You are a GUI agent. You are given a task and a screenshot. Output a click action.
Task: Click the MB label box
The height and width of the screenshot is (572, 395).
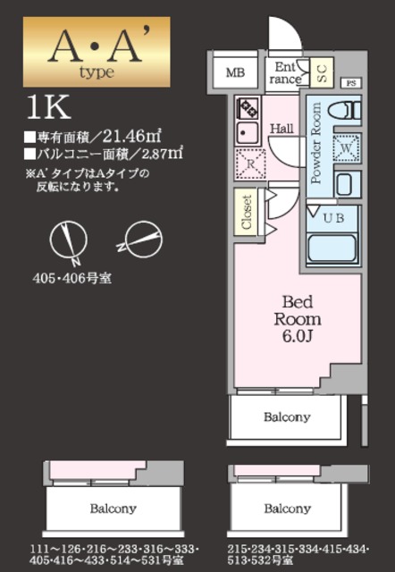(x=234, y=72)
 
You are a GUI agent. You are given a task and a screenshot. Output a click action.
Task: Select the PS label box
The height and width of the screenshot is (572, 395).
(x=350, y=81)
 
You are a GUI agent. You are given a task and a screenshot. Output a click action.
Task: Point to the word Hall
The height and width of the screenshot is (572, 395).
(x=282, y=128)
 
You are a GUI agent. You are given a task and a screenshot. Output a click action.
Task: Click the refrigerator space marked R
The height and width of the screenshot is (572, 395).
(x=248, y=164)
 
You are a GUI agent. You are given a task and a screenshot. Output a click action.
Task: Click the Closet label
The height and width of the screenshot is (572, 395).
(x=247, y=212)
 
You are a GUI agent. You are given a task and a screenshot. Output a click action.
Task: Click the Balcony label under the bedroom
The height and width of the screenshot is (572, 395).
(x=287, y=416)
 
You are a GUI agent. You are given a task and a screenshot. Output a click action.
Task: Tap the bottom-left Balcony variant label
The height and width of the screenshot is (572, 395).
(x=113, y=509)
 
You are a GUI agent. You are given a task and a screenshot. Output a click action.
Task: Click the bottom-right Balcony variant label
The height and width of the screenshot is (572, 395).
(x=287, y=509)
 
